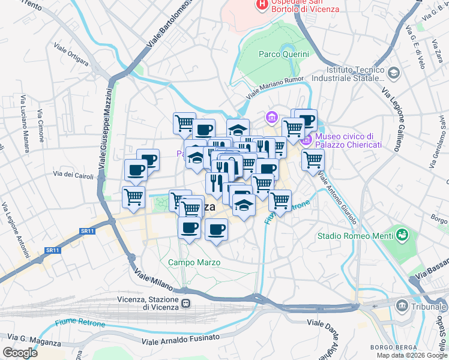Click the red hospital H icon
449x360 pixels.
262,4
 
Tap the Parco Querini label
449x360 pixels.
284,54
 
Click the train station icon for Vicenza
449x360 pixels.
186,304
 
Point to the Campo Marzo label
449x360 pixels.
194,262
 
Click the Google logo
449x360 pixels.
20,352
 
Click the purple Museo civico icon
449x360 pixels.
306,140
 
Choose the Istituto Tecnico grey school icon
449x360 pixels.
394,73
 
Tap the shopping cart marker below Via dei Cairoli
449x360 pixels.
133,196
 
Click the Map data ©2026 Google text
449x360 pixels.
411,355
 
